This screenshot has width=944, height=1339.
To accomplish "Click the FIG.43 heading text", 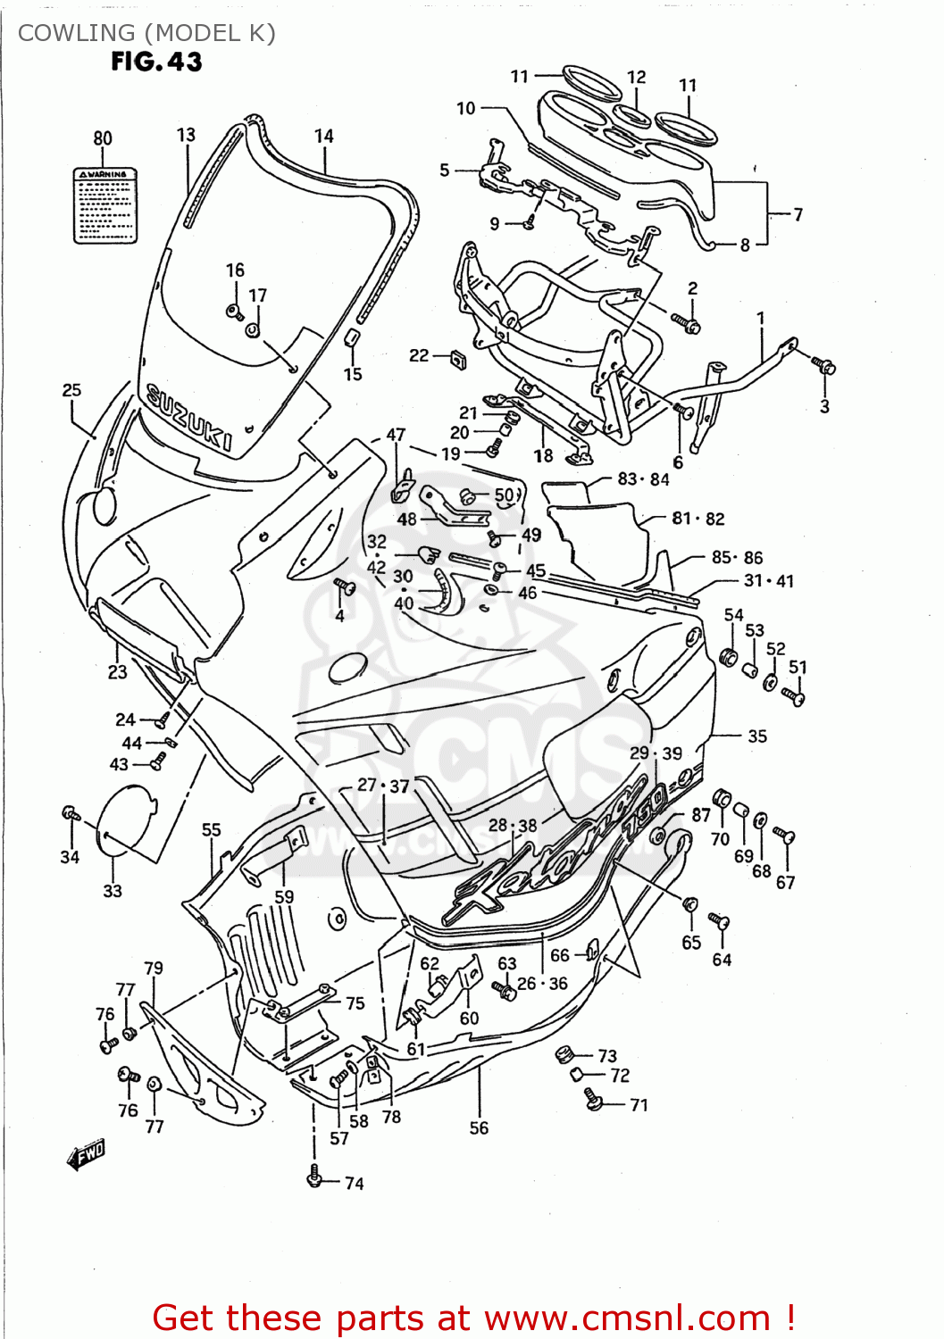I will tap(156, 62).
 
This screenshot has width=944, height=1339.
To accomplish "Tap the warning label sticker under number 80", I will tap(104, 204).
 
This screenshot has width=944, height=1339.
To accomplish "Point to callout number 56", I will tap(479, 1127).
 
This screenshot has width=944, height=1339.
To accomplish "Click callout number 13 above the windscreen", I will tap(186, 135).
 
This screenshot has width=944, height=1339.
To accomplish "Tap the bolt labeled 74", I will tap(313, 1178).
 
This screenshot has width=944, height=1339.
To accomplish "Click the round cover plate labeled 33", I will tap(124, 820).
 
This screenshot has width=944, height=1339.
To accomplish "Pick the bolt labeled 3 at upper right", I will tap(824, 366).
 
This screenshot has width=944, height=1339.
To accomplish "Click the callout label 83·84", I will tap(643, 479).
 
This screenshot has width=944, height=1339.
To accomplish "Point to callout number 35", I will tap(757, 736).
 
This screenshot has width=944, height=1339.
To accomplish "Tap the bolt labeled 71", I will tap(593, 1100).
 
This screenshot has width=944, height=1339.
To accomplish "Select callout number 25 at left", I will tap(71, 390).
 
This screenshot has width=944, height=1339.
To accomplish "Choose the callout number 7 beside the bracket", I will tap(798, 214).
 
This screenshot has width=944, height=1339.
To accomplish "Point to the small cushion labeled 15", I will tap(352, 338).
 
